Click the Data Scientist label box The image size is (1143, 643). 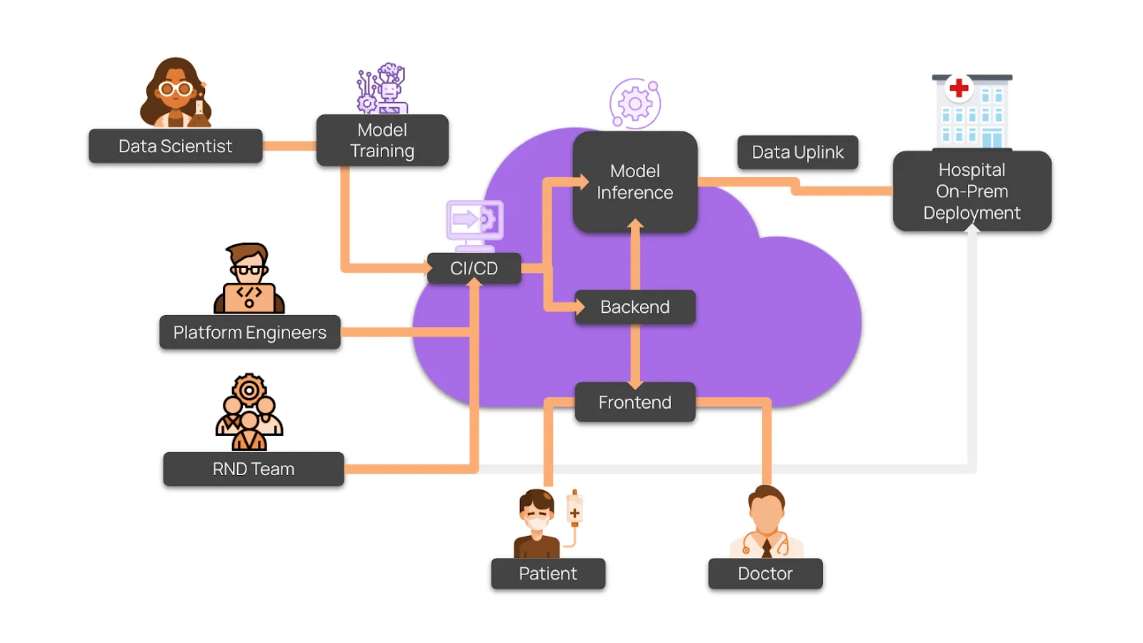point(175,146)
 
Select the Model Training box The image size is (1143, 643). point(382,141)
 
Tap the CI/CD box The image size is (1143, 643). point(474,269)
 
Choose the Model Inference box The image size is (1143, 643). point(634,182)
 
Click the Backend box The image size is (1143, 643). point(634,307)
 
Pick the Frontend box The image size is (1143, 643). point(634,402)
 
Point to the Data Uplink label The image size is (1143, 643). point(797,152)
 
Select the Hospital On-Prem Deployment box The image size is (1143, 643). point(972,191)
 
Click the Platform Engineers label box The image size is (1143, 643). point(249,332)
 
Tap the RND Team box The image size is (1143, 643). point(254,469)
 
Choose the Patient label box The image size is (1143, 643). point(548,574)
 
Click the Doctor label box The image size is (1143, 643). point(765,574)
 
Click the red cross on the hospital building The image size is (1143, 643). point(959,88)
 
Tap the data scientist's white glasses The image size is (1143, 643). point(176,89)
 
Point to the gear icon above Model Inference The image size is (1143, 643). point(634,104)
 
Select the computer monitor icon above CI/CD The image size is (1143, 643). point(475,221)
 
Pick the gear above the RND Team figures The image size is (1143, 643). point(249,390)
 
